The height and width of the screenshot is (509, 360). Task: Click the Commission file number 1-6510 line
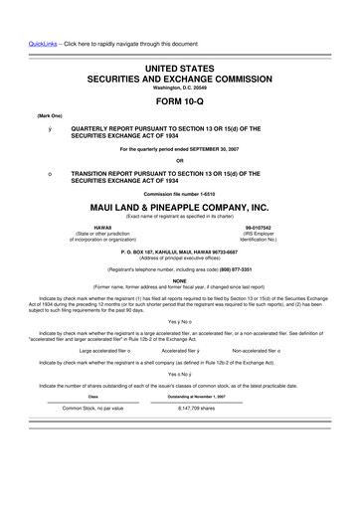180,194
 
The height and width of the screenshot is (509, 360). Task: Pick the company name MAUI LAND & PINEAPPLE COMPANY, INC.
180,207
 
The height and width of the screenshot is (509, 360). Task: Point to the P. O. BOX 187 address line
180,253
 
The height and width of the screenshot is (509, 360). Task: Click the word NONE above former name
180,281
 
